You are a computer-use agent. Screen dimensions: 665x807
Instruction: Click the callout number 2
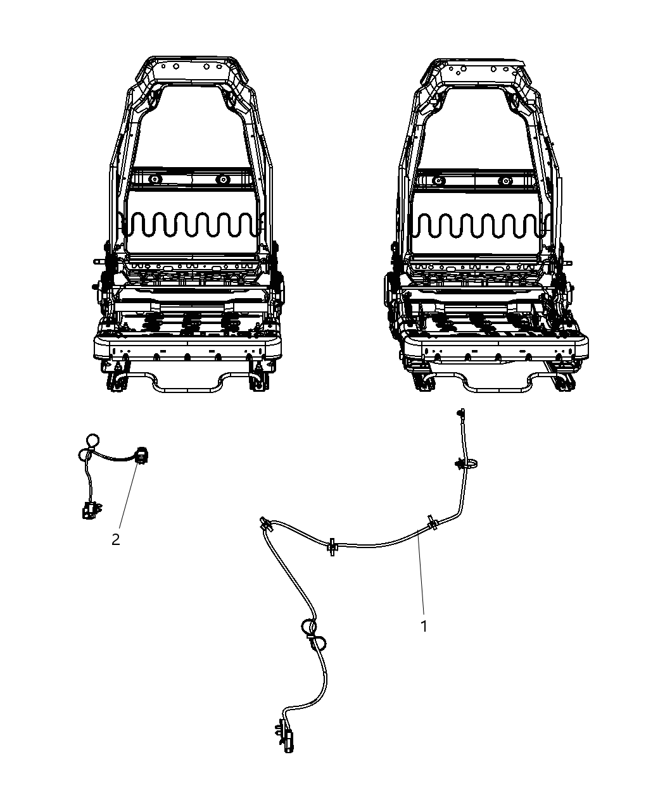tap(116, 539)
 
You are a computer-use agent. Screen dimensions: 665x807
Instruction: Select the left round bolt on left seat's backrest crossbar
tap(155, 179)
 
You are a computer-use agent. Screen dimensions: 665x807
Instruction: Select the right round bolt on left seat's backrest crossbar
tap(223, 179)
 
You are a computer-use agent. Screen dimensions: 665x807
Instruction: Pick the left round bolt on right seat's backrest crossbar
tap(438, 180)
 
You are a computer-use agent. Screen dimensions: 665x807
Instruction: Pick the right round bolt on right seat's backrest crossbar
tap(505, 180)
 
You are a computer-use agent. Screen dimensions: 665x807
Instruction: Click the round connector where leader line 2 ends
tap(142, 454)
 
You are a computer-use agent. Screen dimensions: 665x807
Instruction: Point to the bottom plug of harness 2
tap(90, 511)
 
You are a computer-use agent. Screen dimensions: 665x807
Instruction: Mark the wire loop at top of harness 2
tap(92, 441)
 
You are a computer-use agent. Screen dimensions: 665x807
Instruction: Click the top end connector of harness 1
tap(461, 413)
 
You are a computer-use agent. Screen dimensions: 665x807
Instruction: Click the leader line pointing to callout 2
tap(129, 496)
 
